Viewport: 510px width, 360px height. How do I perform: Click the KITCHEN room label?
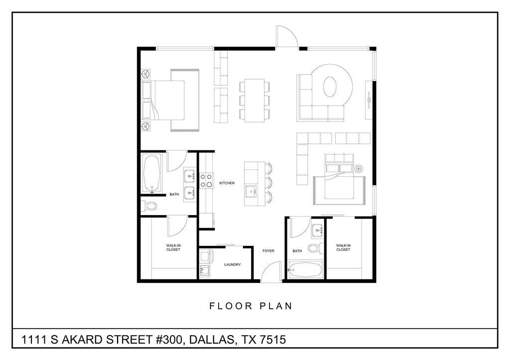coord(227,183)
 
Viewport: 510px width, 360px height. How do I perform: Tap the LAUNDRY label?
coord(233,264)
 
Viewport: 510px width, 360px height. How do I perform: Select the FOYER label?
coord(268,251)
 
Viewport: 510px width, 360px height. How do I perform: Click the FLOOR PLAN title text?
coord(251,306)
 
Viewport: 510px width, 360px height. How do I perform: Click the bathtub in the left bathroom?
coord(152,173)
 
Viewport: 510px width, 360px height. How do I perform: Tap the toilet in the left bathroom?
coord(149,205)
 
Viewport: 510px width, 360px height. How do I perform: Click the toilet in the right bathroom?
coord(314,248)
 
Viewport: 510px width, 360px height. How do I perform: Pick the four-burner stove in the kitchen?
coord(206,180)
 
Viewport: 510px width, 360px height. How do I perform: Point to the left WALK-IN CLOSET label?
coord(173,247)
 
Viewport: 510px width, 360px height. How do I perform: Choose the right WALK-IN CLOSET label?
coord(343,247)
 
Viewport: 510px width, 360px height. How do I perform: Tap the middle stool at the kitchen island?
coord(269,181)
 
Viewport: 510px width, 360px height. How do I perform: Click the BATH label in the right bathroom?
coord(297,251)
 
